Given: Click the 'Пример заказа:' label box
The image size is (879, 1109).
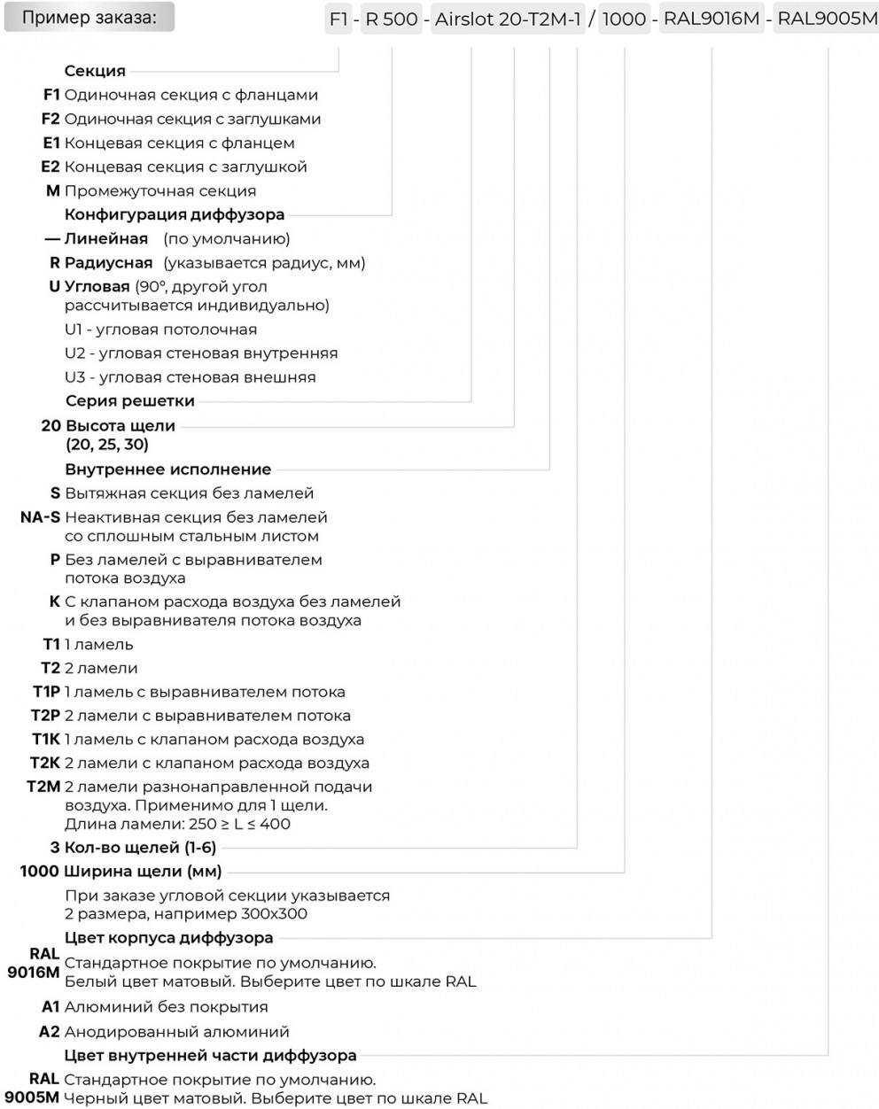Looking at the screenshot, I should pos(89,17).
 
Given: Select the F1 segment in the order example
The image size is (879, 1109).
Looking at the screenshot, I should pos(338,19).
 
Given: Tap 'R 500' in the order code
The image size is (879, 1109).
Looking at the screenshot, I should pos(392,19).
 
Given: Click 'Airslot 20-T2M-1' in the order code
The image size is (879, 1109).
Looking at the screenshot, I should pos(509,19).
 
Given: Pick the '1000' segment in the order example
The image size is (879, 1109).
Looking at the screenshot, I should pos(624,19).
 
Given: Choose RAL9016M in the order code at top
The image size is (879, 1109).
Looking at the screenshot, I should pos(712,19).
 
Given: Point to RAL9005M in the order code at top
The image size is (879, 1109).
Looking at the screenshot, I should pos(827,19).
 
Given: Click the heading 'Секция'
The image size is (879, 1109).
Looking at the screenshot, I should pos(95,71).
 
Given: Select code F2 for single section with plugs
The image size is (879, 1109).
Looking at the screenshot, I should pos(51,119).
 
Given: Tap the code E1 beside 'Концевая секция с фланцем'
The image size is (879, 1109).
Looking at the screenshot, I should pos(51,143).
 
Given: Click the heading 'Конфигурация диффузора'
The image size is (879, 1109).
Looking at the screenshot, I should pos(175,214).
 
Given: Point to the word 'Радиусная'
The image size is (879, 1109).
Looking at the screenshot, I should pos(108,263).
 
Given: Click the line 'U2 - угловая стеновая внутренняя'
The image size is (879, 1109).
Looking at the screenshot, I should pos(201,353).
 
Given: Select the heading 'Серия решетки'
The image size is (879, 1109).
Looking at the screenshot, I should pos(129,401).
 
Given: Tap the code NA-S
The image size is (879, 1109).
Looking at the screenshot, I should pos(40,517).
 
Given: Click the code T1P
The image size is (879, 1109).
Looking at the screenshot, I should pos(46,692).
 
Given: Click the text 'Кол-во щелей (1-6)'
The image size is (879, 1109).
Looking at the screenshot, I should pos(140,848).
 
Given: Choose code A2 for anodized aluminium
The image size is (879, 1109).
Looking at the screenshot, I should pos(50,1031).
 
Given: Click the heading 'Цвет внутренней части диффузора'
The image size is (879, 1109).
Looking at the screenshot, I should pos(211,1056).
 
